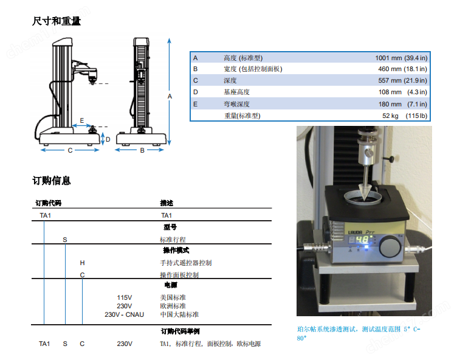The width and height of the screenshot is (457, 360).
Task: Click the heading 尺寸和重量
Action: [x=57, y=21]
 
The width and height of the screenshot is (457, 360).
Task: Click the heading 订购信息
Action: [x=52, y=181]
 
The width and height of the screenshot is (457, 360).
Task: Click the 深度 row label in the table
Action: [x=230, y=81]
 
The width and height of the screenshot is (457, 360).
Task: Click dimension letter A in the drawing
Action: [x=170, y=96]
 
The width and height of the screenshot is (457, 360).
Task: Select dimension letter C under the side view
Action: [x=70, y=150]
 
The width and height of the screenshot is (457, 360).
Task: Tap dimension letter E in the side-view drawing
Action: [x=81, y=121]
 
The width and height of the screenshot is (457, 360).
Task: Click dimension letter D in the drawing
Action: [x=108, y=139]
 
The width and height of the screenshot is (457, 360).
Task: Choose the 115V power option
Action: [x=125, y=297]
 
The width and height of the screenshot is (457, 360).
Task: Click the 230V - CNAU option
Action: [x=125, y=314]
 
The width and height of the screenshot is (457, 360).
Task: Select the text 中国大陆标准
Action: [x=179, y=314]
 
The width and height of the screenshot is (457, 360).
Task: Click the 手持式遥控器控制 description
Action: [x=186, y=263]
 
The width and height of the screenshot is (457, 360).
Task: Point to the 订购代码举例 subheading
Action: [x=180, y=331]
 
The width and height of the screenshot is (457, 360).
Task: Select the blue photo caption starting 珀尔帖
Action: [x=359, y=333]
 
